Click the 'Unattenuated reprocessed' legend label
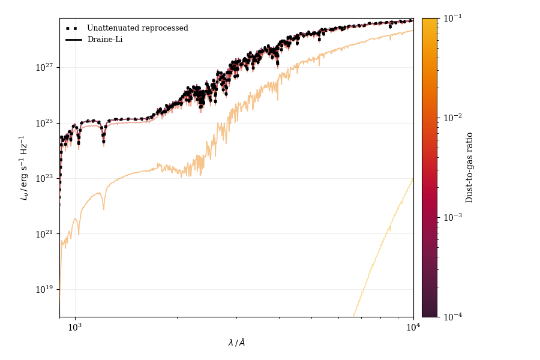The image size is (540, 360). coord(137,28)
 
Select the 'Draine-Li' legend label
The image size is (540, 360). coord(106,40)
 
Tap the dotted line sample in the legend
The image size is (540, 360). coord(74,28)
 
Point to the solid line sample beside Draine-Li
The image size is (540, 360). coord(74,40)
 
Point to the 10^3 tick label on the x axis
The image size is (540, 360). coord(74,328)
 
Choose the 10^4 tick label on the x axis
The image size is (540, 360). coord(413,328)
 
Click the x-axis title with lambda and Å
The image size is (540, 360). coord(236,343)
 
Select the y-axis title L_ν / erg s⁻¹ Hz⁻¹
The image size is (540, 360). coord(25,167)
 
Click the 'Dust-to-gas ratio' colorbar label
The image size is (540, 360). coord(470,167)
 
